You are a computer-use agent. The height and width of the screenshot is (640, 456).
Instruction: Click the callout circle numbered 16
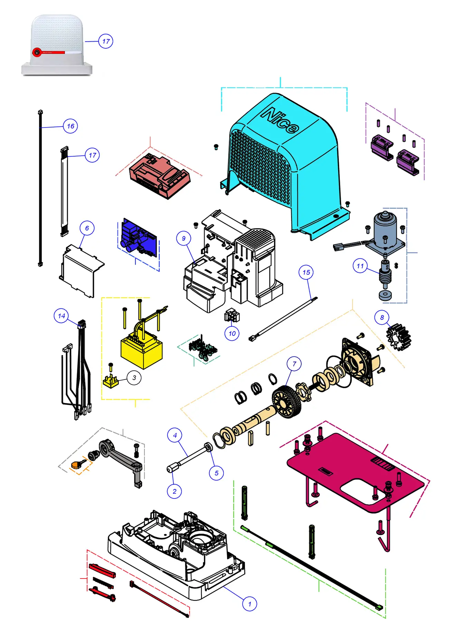click(70, 126)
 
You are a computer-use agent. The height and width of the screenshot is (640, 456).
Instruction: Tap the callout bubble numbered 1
click(249, 604)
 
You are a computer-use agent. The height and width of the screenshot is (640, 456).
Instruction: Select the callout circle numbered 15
click(306, 273)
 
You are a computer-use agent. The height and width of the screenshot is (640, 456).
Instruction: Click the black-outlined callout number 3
click(134, 378)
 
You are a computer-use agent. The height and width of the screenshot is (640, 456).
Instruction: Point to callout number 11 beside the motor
click(360, 266)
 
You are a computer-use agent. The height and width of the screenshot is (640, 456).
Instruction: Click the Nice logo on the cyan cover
click(280, 121)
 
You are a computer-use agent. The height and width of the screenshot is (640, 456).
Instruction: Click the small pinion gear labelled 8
click(399, 337)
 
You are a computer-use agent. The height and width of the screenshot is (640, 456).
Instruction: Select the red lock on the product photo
click(37, 52)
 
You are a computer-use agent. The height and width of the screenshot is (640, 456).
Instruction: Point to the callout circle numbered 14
click(61, 316)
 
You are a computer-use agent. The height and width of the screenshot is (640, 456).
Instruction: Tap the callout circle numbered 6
click(87, 228)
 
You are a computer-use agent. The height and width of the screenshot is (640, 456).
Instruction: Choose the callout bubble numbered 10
click(232, 333)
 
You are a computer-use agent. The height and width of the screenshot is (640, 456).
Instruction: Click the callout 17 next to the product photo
click(106, 41)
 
